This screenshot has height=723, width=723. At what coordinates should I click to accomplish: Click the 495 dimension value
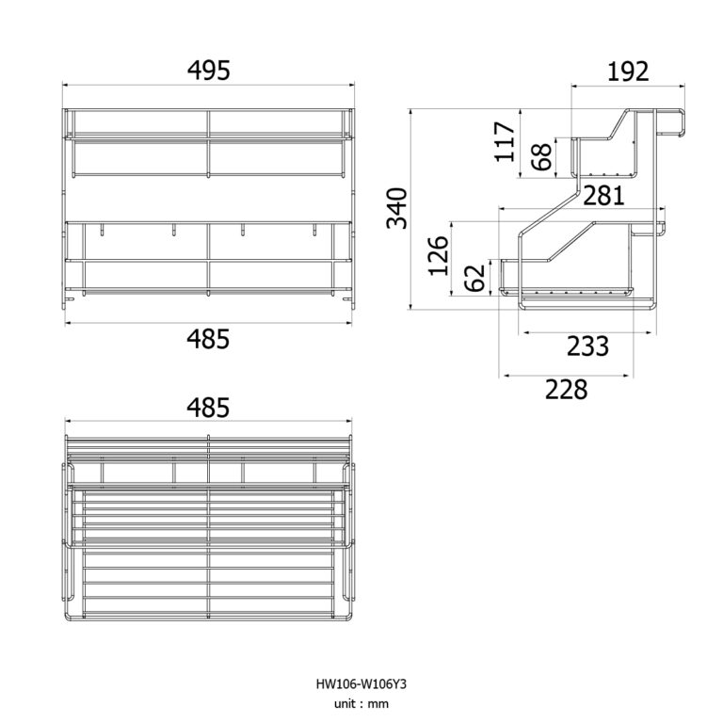208,71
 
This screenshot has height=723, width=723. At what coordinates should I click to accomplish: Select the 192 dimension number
628,72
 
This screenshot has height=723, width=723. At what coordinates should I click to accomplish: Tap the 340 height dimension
396,208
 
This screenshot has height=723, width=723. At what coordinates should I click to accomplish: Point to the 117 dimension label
505,141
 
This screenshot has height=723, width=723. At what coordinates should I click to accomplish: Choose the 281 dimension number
603,196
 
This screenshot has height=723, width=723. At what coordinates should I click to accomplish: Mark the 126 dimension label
438,255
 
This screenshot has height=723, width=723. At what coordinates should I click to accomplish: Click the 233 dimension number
587,345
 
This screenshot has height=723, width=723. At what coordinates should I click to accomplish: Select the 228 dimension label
566,389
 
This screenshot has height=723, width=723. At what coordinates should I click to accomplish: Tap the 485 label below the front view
208,339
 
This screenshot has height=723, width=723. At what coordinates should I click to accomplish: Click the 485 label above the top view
208,408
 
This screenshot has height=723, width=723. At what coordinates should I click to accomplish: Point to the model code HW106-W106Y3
361,683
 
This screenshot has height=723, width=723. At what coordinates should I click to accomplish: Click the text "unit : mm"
361,703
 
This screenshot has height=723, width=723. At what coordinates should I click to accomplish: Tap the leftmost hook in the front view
102,230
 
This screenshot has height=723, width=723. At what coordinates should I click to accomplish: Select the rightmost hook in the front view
315,230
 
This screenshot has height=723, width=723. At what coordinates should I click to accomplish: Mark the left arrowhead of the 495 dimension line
66,86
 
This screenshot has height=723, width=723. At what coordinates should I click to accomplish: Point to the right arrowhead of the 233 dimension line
651,332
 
